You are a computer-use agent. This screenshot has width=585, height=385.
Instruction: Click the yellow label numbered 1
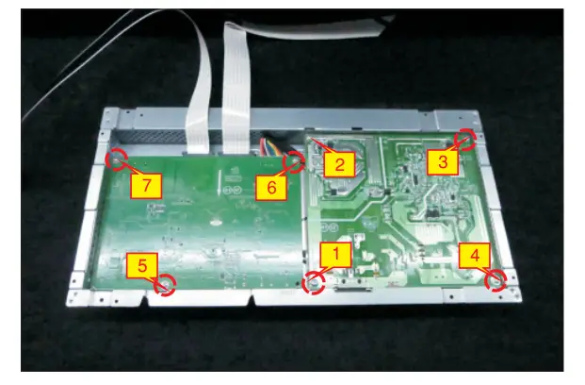(337, 253)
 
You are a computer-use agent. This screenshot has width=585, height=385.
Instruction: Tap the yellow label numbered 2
(338, 164)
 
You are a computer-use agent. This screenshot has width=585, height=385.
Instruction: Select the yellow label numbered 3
(443, 161)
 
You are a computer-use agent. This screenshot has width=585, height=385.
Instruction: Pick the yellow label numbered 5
(140, 266)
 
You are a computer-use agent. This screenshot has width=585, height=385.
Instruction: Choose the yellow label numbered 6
(270, 187)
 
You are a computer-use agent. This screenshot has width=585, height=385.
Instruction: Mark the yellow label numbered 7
(145, 185)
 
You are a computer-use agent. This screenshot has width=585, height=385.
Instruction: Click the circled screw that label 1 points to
(312, 283)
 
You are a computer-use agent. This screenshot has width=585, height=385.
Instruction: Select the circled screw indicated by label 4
(494, 280)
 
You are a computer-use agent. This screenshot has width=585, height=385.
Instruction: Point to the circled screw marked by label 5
(166, 284)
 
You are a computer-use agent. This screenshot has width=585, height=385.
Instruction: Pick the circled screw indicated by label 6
(293, 162)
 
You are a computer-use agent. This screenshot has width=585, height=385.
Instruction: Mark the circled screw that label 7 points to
(118, 159)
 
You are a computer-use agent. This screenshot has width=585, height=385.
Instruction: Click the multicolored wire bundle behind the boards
(270, 144)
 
